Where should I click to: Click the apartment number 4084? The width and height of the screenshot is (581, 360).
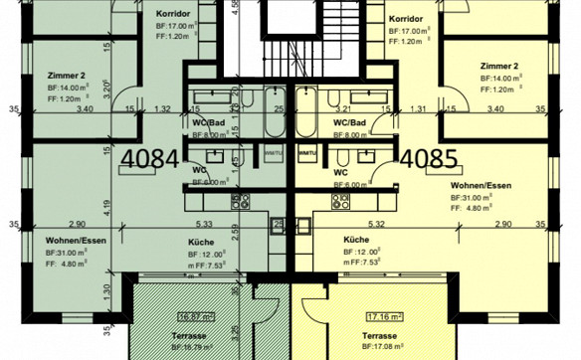pos(150,157)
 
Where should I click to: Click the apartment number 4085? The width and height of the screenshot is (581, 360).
pos(429,157)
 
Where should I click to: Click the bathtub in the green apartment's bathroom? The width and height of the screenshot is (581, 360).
pos(213,99)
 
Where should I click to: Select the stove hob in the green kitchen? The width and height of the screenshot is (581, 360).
pos(240,202)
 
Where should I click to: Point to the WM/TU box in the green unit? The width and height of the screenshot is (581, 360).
pos(272,153)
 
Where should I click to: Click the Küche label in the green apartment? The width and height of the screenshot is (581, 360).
pos(202,242)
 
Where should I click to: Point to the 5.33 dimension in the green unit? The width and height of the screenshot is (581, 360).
pos(205,225)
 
